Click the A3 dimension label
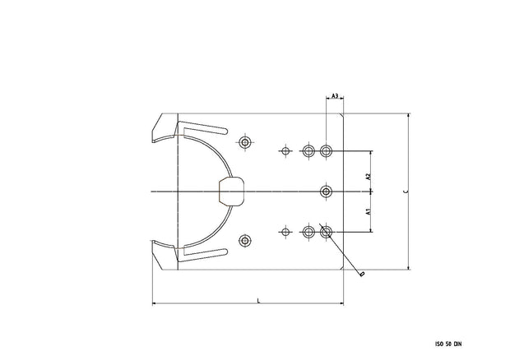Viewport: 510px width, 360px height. tap(335, 97)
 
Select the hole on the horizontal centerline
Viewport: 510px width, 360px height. tap(327, 192)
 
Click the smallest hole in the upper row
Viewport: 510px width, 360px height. tap(285, 151)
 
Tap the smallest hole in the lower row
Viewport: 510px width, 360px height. tap(285, 232)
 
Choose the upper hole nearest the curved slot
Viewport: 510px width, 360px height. tap(244, 142)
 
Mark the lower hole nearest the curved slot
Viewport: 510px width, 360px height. tap(244, 240)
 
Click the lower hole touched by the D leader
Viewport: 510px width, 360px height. tap(327, 232)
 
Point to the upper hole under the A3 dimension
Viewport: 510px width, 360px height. tap(327, 151)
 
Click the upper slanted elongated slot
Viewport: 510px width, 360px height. tap(203, 130)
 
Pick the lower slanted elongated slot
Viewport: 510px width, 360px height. tap(203, 253)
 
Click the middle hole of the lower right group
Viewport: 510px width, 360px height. tap(308, 232)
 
